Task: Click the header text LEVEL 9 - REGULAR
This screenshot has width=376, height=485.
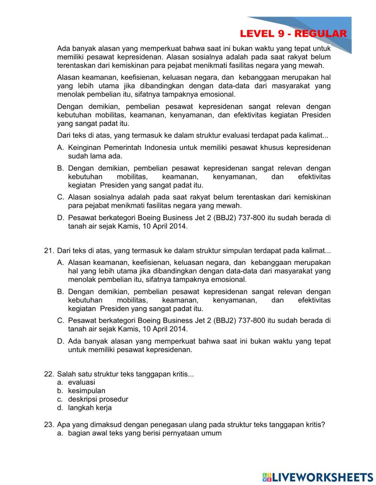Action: click(293, 34)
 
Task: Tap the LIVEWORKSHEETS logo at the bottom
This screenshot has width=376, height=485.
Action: click(318, 477)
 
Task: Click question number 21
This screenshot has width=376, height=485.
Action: click(49, 251)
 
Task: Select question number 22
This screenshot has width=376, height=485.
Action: click(49, 374)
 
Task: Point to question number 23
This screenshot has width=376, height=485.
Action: click(49, 425)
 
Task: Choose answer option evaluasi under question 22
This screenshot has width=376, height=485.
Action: click(81, 382)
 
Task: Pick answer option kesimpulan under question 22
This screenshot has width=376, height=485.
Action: click(86, 391)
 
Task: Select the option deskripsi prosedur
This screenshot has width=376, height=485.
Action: click(98, 399)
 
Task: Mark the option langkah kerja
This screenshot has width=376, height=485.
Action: click(89, 408)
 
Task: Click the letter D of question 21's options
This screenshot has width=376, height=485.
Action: click(60, 341)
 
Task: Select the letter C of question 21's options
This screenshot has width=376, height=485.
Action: click(60, 320)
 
